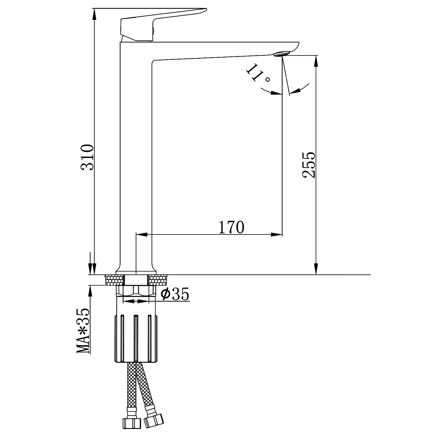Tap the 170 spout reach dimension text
[x=231, y=227]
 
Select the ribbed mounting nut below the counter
[x=135, y=338]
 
